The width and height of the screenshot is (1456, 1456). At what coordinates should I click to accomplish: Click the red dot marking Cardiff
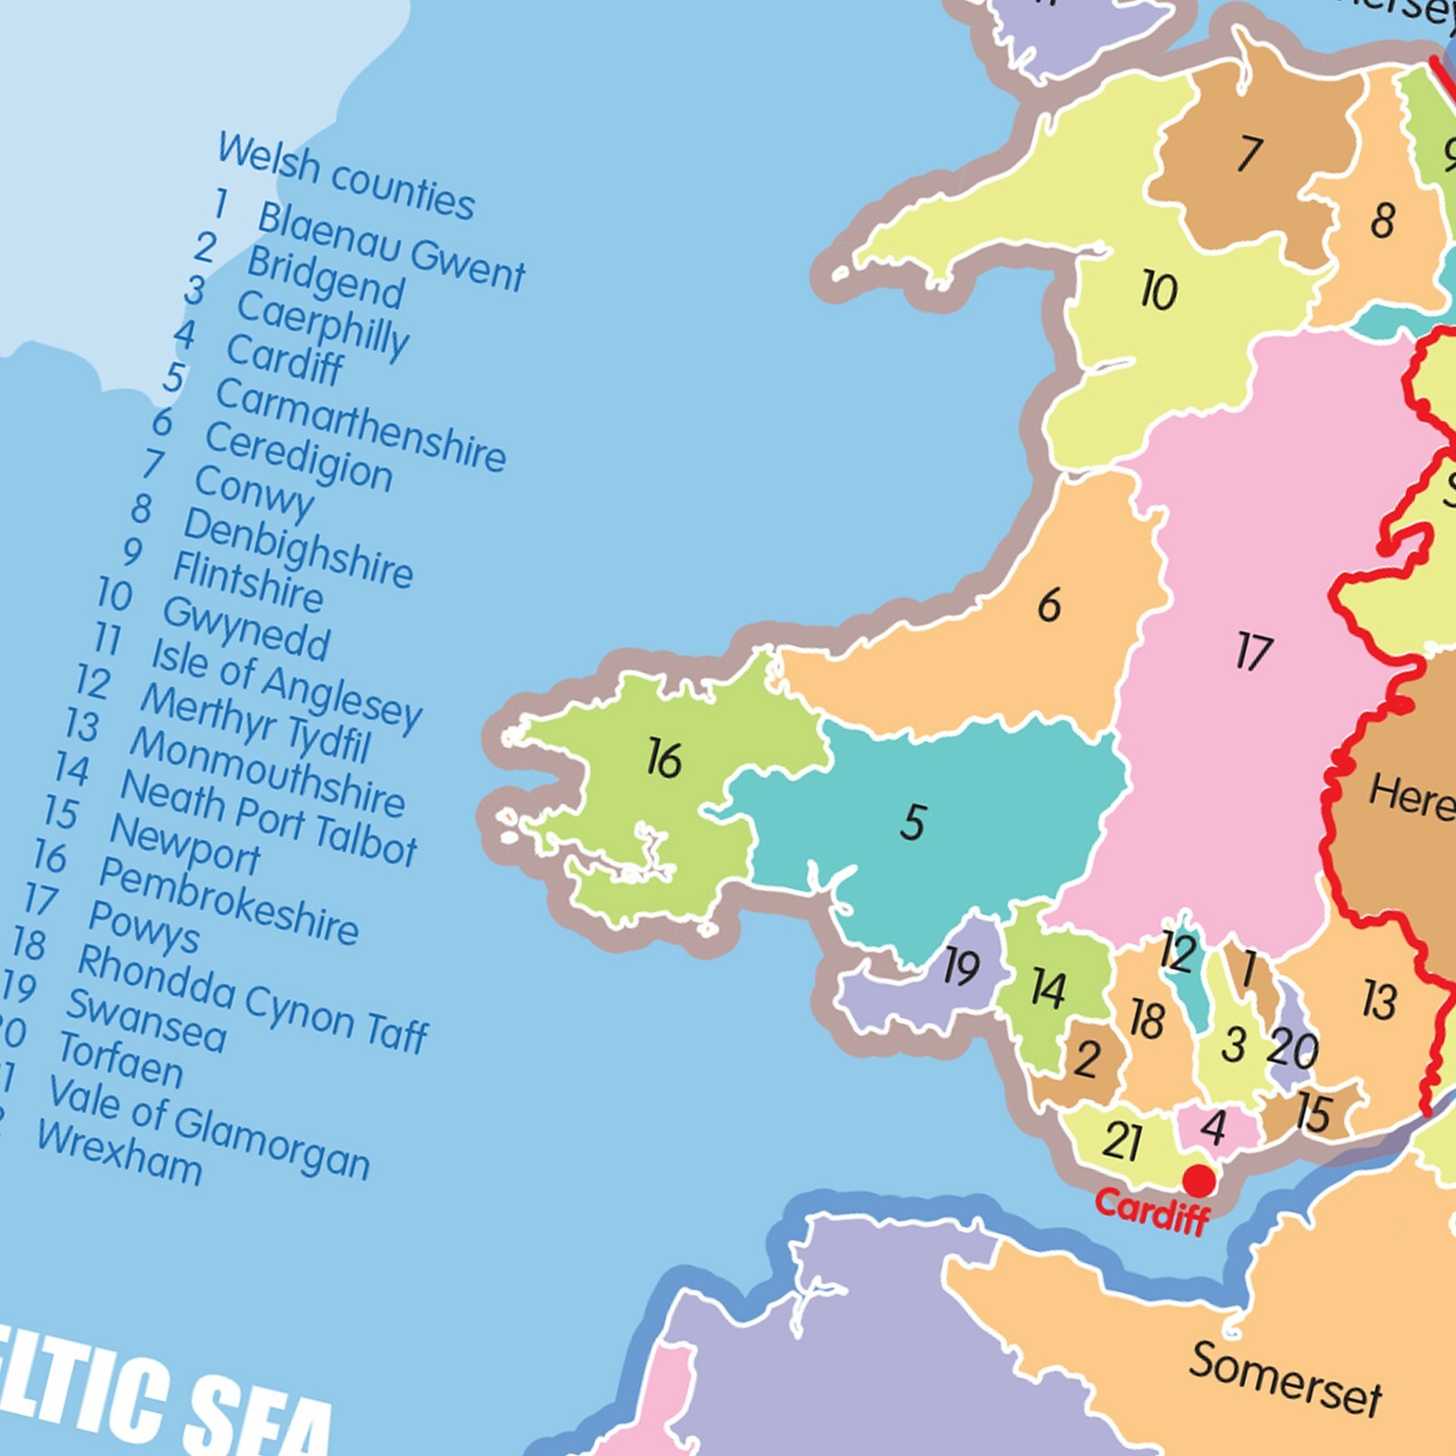(x=1198, y=1180)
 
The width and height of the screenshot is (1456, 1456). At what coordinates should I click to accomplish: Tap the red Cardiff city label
(x=1152, y=1210)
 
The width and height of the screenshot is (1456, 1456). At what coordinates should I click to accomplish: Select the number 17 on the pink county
(x=1254, y=652)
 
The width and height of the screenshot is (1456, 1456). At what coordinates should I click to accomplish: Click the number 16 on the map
(x=664, y=759)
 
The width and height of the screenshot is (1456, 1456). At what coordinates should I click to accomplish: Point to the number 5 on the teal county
(x=913, y=822)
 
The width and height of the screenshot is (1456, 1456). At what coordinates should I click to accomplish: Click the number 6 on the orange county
(x=1049, y=605)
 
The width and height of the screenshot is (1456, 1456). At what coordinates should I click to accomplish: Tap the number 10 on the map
(x=1158, y=291)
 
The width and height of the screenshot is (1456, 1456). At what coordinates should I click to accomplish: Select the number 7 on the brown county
(x=1250, y=153)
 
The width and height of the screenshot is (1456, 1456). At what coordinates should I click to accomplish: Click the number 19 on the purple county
(x=961, y=966)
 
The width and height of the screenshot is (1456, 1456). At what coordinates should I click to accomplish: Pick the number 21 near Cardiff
(x=1121, y=1141)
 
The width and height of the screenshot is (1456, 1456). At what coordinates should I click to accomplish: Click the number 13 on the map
(x=1379, y=1000)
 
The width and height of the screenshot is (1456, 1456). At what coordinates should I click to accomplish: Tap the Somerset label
(x=1284, y=1379)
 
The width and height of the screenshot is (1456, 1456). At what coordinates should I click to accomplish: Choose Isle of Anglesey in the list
(x=286, y=684)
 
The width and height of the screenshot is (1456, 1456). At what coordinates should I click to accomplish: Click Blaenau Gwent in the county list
(x=391, y=248)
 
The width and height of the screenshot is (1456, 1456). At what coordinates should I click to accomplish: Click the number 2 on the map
(x=1087, y=1059)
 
